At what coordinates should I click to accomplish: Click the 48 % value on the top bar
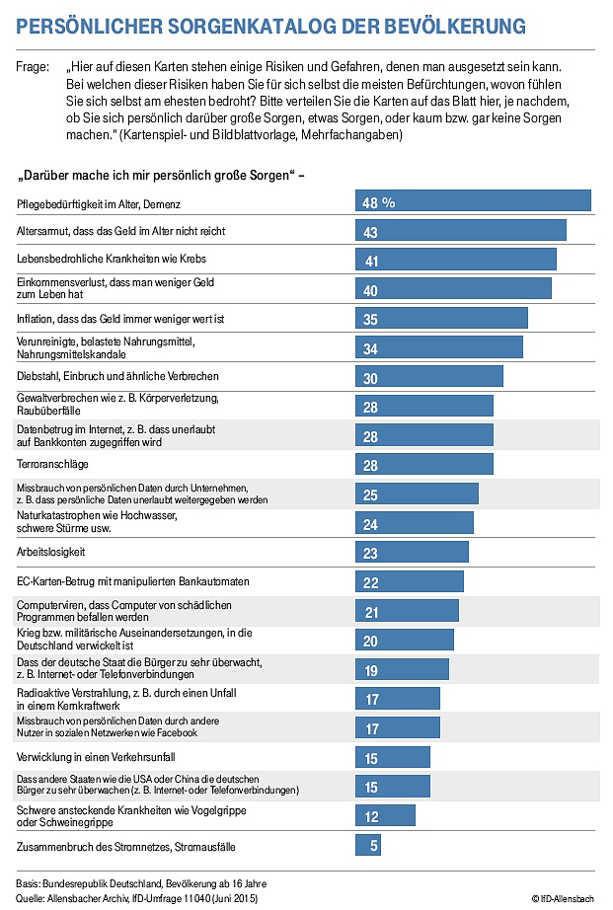pyautogui.click(x=379, y=201)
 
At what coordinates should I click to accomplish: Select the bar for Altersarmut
pyautogui.click(x=461, y=231)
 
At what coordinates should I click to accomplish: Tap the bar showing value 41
pyautogui.click(x=456, y=260)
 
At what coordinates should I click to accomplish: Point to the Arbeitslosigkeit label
pyautogui.click(x=52, y=551)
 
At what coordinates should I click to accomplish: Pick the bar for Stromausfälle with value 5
pyautogui.click(x=368, y=846)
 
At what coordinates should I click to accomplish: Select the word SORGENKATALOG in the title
pyautogui.click(x=268, y=26)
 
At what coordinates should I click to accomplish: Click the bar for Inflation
pyautogui.click(x=441, y=319)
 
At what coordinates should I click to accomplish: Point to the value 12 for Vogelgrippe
pyautogui.click(x=372, y=816)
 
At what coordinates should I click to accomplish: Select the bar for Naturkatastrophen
pyautogui.click(x=415, y=524)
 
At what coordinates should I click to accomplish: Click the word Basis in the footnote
pyautogui.click(x=31, y=882)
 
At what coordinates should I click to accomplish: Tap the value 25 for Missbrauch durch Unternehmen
pyautogui.click(x=372, y=494)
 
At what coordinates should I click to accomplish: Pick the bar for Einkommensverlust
pyautogui.click(x=453, y=289)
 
